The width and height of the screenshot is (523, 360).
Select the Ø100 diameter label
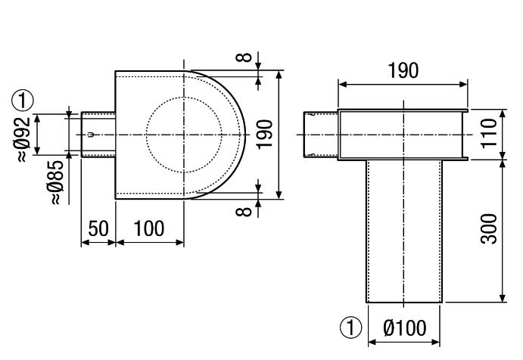404,328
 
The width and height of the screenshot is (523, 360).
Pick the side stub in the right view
321,135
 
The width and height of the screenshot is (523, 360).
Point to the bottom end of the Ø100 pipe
403,302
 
